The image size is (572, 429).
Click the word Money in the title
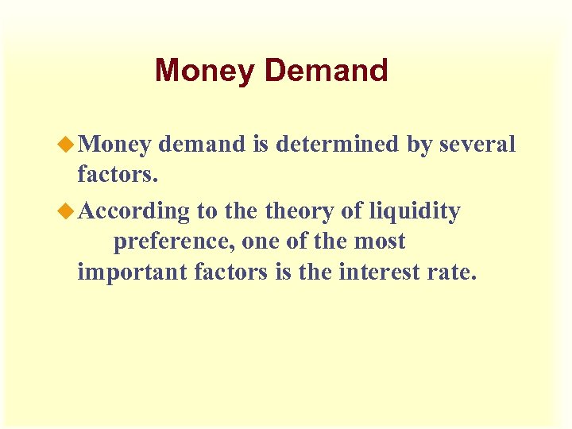pyautogui.click(x=206, y=71)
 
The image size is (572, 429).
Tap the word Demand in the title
pyautogui.click(x=326, y=71)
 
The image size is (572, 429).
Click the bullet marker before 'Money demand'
pyautogui.click(x=69, y=144)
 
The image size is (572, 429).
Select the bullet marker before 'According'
pyautogui.click(x=69, y=211)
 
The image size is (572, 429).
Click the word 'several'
pyautogui.click(x=477, y=144)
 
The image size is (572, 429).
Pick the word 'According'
pyautogui.click(x=135, y=212)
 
